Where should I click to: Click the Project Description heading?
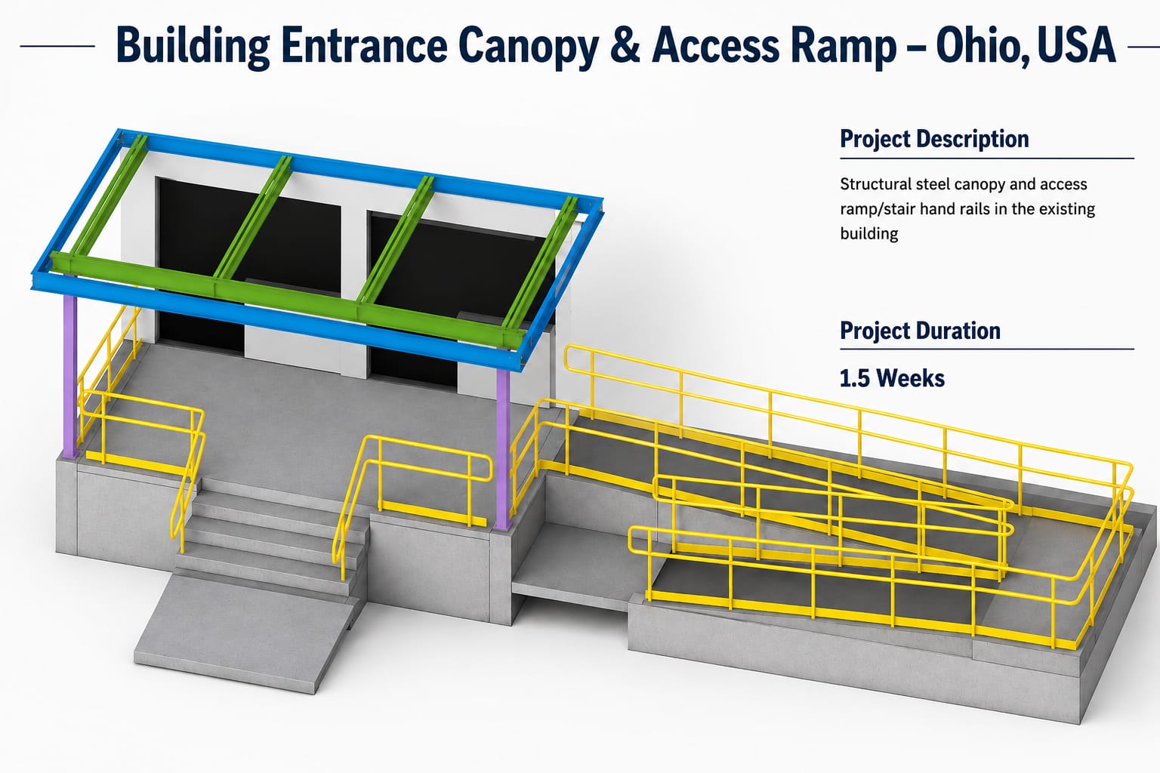tap(934, 139)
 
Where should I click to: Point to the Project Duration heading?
tap(920, 331)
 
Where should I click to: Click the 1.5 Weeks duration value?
tap(892, 378)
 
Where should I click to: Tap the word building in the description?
tap(869, 233)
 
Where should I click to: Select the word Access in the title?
tap(716, 45)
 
